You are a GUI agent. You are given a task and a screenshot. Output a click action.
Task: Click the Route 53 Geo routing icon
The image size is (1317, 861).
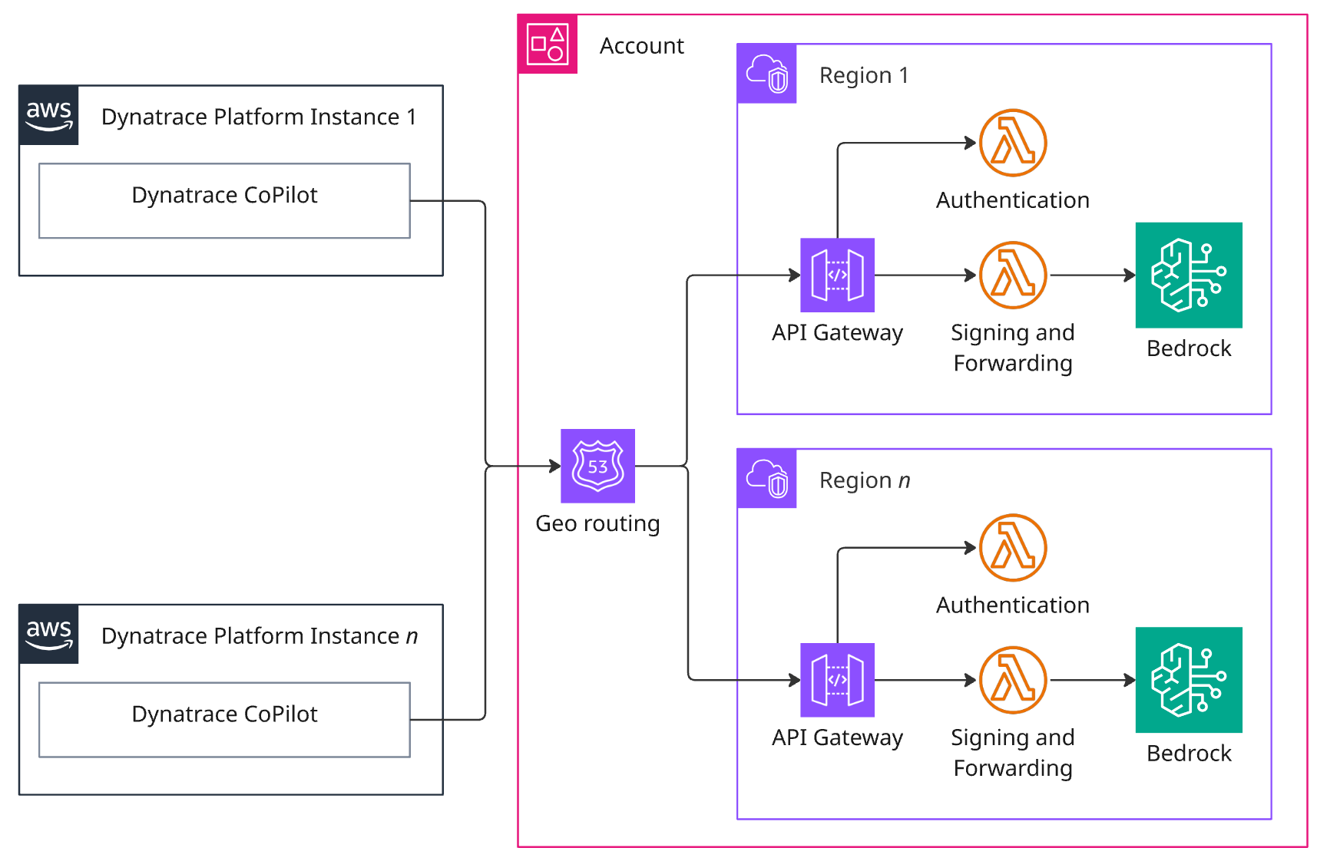[597, 466]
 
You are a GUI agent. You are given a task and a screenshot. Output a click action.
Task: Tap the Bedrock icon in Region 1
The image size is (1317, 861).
[1188, 275]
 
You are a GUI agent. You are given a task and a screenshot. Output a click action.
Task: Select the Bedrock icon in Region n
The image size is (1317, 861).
[1188, 679]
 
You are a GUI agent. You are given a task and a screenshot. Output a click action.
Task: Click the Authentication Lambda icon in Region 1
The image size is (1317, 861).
[1013, 143]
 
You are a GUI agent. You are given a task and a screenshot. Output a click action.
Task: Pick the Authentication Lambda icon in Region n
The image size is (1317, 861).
[1013, 547]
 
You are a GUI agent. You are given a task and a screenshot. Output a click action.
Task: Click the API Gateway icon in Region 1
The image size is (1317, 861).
[837, 275]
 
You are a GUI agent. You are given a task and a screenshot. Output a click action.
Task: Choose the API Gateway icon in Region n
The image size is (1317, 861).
[837, 679]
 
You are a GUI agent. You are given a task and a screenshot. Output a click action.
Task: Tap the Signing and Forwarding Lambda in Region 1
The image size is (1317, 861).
[1013, 275]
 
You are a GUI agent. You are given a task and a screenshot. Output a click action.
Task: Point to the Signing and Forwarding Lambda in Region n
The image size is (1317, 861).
[1013, 679]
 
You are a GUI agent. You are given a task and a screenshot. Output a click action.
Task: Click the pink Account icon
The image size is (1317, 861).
[548, 45]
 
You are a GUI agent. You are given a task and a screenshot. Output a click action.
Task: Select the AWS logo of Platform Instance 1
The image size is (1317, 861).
[49, 115]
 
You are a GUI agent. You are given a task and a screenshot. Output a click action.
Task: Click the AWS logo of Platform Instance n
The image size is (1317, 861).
[49, 634]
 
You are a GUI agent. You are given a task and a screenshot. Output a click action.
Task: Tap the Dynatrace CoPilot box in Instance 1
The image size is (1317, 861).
[224, 200]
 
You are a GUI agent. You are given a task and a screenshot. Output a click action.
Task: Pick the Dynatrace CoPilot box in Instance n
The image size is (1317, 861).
[224, 719]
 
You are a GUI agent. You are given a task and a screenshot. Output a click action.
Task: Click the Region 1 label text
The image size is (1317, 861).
[864, 75]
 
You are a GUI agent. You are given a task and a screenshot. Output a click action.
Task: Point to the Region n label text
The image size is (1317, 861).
[864, 480]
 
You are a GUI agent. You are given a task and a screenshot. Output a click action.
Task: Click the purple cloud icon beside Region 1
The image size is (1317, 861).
[766, 74]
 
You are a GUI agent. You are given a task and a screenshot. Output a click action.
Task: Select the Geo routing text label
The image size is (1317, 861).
[597, 523]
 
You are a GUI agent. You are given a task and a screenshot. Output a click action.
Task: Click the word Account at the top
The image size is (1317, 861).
[641, 46]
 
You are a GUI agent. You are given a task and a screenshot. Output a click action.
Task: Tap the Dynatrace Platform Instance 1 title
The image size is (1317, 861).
[259, 117]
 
